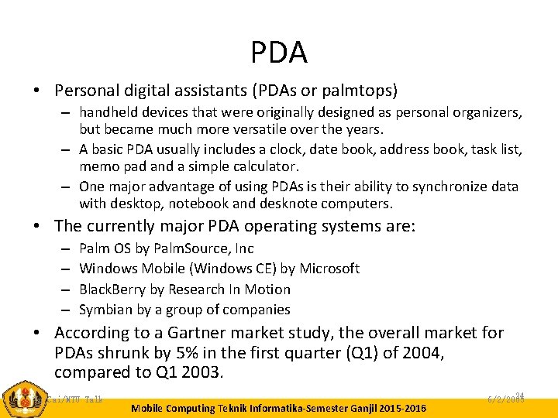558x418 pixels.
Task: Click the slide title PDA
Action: point(279,53)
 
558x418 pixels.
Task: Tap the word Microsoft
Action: point(329,269)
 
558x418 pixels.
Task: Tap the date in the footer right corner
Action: point(508,399)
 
